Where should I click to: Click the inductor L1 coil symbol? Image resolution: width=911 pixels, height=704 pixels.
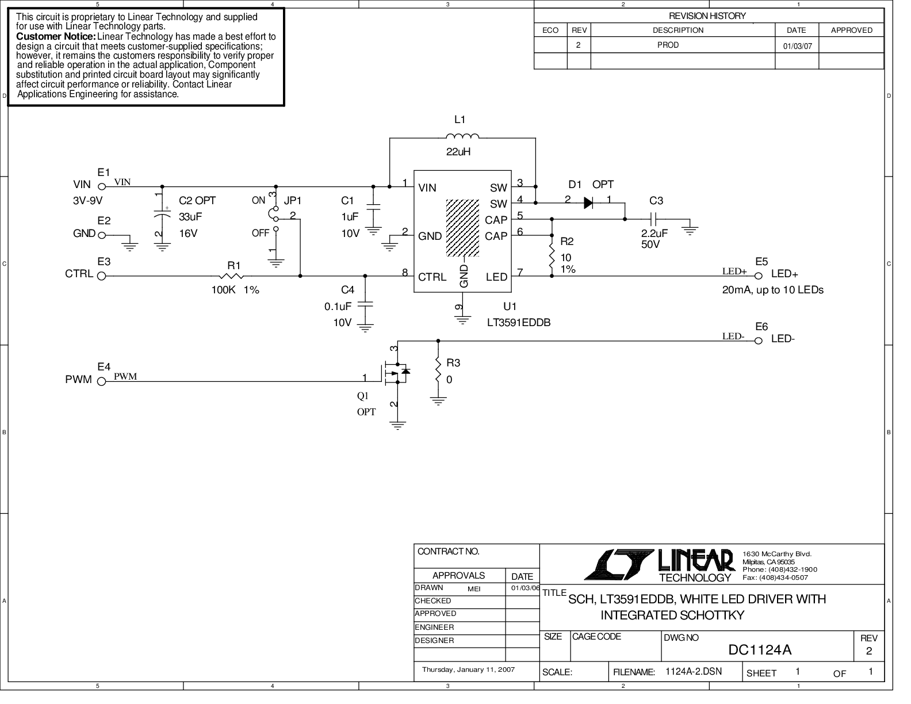[x=462, y=136]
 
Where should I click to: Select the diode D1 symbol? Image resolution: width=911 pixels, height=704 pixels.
[x=588, y=202]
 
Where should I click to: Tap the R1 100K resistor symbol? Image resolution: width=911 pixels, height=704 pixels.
[x=232, y=276]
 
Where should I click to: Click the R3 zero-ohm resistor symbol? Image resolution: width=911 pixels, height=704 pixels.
[x=438, y=371]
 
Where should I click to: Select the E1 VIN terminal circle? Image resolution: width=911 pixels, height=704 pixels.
[x=102, y=186]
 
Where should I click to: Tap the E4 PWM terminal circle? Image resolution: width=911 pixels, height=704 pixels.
[x=102, y=381]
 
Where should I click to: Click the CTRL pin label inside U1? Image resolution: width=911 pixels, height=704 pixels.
[x=432, y=277]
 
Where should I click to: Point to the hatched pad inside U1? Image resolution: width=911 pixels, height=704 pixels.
[x=462, y=228]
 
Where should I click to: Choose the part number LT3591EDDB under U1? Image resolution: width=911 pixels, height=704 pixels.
[x=518, y=323]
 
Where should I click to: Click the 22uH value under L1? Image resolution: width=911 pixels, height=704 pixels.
[x=459, y=152]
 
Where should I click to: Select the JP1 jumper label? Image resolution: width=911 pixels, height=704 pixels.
[x=293, y=201]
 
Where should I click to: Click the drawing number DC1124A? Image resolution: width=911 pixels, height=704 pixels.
[x=760, y=650]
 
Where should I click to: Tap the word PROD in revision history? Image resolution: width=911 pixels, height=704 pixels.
[x=668, y=45]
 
